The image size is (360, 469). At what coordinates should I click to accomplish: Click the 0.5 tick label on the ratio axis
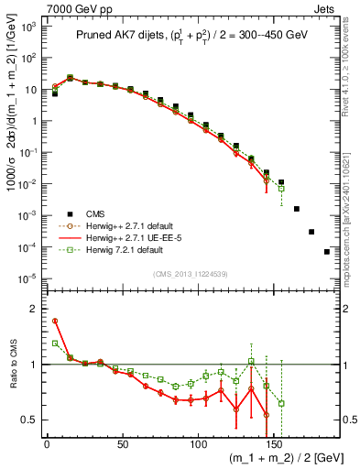pos(30,420)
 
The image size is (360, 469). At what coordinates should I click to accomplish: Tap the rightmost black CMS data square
pos(327,252)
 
